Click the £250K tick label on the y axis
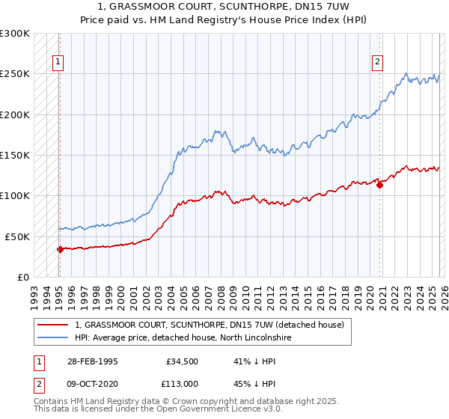pos(15,74)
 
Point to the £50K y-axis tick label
pos(17,236)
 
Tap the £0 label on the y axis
pos(22,277)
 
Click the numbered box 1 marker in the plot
pos(58,63)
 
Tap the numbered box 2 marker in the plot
pos(377,63)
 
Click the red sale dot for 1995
pos(60,249)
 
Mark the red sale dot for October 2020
pos(379,185)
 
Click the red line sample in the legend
pos(54,325)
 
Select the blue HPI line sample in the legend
pos(54,337)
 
